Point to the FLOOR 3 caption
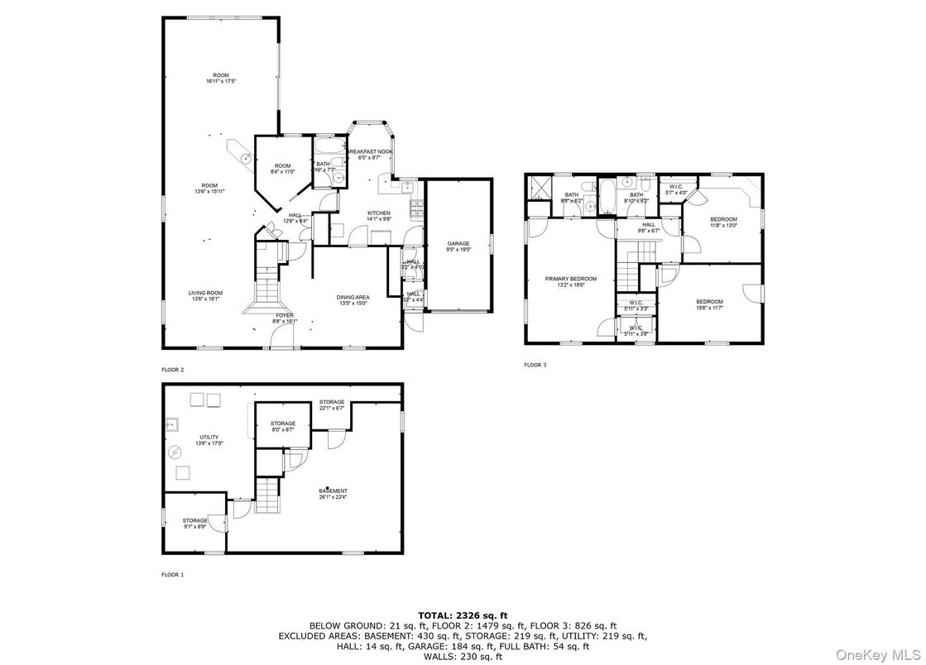(535, 365)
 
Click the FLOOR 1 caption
(173, 573)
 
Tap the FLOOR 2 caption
(173, 369)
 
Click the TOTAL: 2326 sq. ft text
(463, 615)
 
